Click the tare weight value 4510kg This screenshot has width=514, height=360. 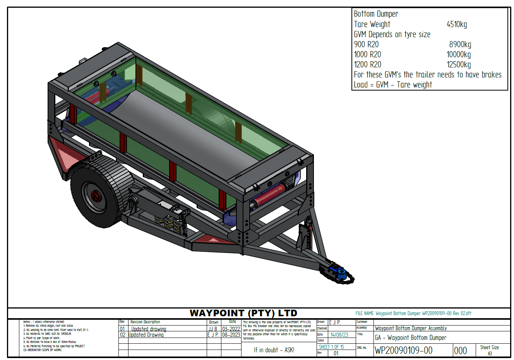457,24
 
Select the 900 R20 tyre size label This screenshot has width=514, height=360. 366,45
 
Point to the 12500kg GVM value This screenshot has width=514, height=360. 459,65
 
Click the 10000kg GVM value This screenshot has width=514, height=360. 459,55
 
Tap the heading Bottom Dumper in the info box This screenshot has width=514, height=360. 376,14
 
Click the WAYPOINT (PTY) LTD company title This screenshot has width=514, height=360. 243,313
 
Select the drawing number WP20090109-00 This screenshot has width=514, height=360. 403,350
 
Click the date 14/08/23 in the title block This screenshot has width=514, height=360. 339,335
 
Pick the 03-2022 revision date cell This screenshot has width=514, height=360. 231,329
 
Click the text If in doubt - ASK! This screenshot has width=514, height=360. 274,350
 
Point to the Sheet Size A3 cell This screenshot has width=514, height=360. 490,350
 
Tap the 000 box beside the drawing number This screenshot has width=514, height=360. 460,351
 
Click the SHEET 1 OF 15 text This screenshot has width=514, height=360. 331,347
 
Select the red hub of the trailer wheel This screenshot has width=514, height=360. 96,197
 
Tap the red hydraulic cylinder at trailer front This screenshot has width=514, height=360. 269,195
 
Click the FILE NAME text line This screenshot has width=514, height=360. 413,313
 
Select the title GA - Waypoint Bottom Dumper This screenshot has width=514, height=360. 411,338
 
